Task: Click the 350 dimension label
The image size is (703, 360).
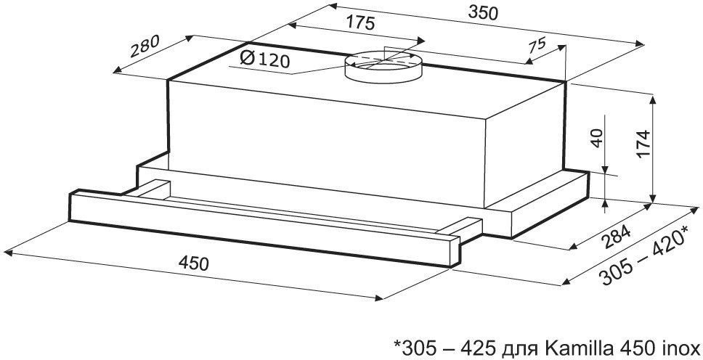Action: [483, 14]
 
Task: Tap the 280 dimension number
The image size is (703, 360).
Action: [145, 46]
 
